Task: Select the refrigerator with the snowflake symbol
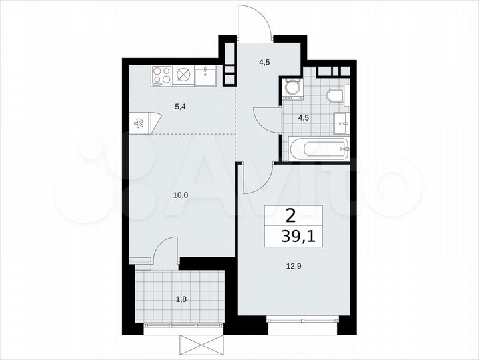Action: click(x=141, y=123)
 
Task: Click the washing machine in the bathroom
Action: click(x=291, y=89)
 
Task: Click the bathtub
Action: click(x=317, y=149)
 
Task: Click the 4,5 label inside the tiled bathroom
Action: click(x=303, y=119)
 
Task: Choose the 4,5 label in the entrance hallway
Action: click(x=264, y=64)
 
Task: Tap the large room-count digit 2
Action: click(x=291, y=215)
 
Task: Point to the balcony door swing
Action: click(x=164, y=250)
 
